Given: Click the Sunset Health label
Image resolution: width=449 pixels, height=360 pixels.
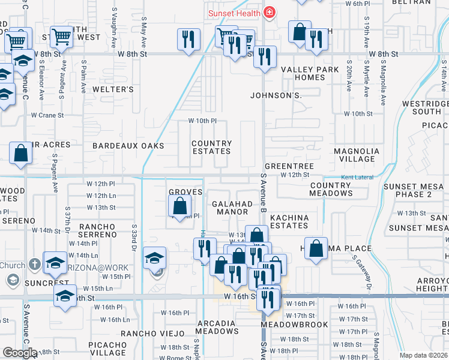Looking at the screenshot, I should click(234, 13).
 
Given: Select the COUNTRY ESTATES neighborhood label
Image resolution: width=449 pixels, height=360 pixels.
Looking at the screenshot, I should click(211, 148).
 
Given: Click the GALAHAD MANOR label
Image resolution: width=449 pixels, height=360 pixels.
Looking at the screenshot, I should click(233, 208).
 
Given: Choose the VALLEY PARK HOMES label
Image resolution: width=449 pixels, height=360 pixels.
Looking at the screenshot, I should click(310, 74).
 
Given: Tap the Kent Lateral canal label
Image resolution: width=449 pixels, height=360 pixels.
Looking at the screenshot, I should click(357, 178).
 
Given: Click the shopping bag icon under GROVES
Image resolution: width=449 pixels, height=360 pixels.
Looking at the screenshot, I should click(180, 207).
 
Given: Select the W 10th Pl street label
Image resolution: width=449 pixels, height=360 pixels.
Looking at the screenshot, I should click(202, 121).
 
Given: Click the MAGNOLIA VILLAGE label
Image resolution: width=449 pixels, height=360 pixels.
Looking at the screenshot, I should click(357, 155).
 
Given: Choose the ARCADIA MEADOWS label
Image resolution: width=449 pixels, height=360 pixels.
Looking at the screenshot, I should click(217, 327).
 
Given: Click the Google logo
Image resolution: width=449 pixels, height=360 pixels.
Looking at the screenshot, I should click(19, 353).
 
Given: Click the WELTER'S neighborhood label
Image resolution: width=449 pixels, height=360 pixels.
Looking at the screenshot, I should click(113, 89).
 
